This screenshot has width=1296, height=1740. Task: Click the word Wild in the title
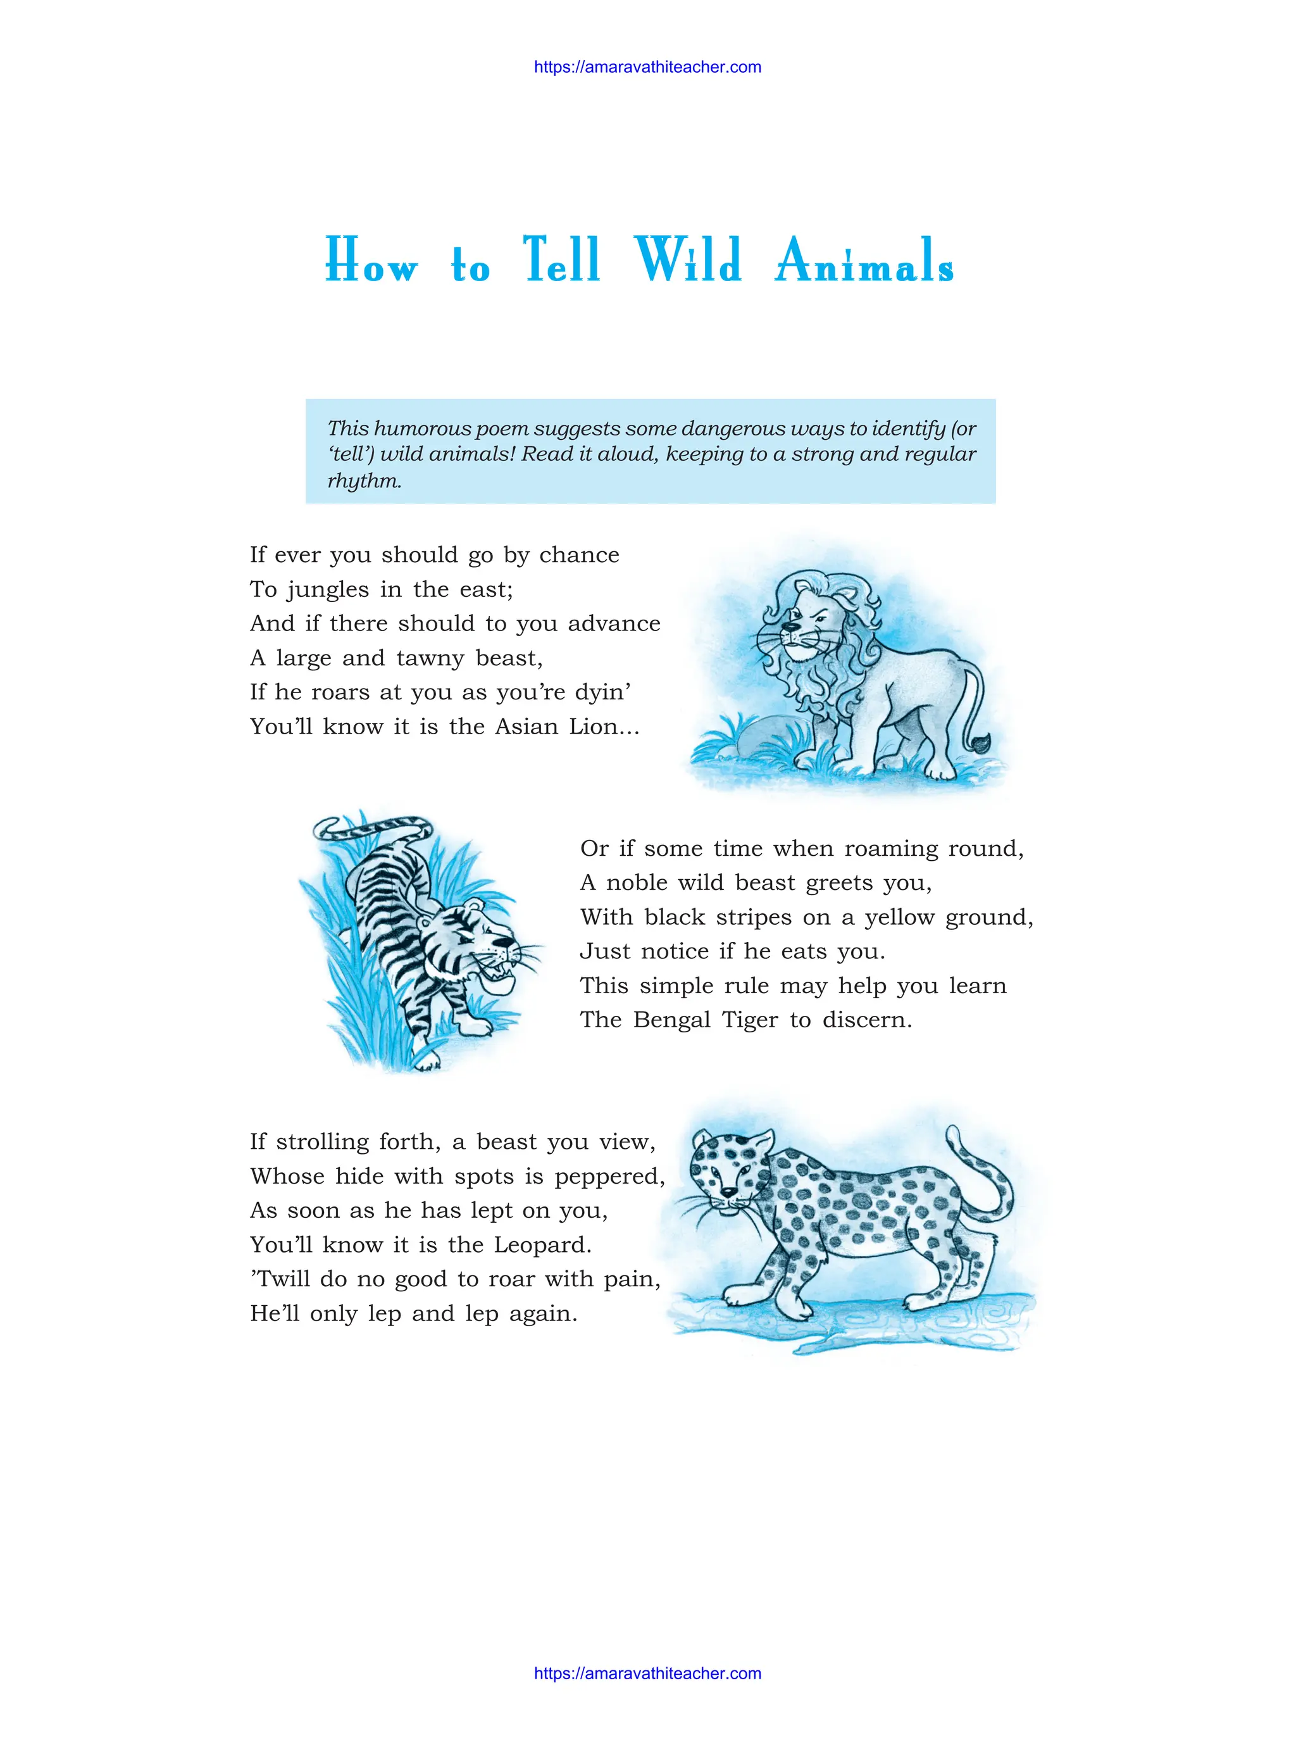(x=688, y=260)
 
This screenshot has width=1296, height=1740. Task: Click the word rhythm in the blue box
(x=364, y=480)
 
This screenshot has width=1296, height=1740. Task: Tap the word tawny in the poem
(x=431, y=658)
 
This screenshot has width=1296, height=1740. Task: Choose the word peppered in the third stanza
(x=609, y=1177)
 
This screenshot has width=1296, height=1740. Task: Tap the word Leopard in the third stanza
(x=542, y=1245)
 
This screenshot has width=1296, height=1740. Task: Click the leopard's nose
(x=729, y=1192)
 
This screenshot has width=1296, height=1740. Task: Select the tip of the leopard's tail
(x=952, y=1131)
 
